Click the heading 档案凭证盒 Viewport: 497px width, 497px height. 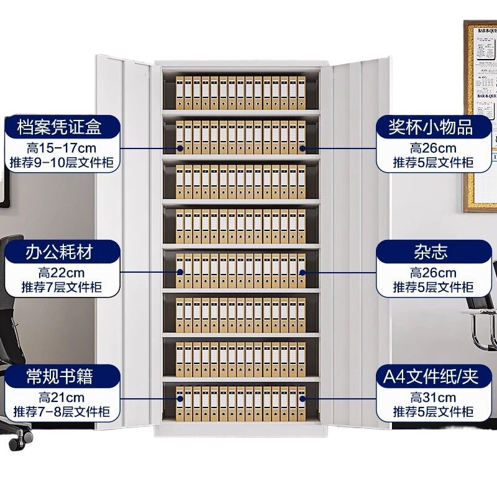(x=61, y=127)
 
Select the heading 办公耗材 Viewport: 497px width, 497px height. (x=61, y=252)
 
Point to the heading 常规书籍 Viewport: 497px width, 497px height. (x=61, y=376)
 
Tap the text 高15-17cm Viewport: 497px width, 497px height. (x=61, y=148)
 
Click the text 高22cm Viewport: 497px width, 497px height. (x=61, y=272)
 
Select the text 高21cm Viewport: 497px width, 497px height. (x=61, y=397)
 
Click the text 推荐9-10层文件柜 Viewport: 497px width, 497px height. (x=61, y=163)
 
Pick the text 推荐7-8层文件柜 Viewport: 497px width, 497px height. (x=61, y=411)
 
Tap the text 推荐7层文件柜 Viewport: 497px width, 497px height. (x=61, y=287)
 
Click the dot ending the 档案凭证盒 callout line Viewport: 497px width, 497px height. (x=180, y=148)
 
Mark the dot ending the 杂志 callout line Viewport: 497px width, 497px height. (x=303, y=272)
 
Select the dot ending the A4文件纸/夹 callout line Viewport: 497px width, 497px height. (x=303, y=397)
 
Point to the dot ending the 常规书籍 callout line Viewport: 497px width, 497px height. (x=180, y=397)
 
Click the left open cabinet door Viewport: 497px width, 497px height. (x=124, y=242)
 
